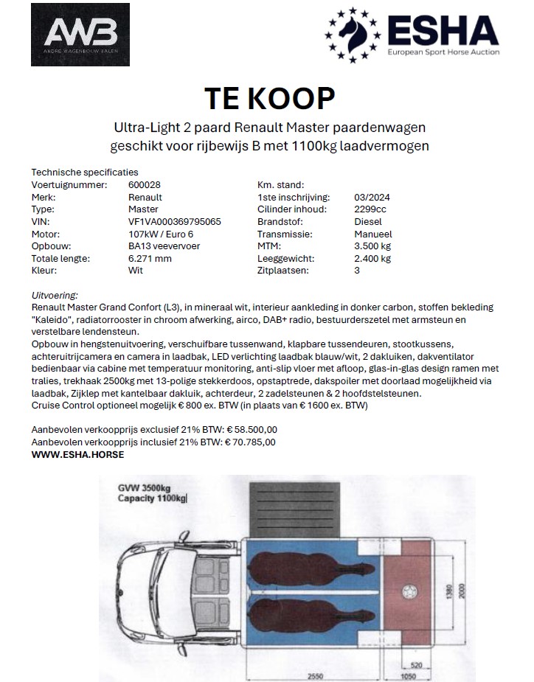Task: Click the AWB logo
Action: [80, 34]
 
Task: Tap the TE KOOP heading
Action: [269, 97]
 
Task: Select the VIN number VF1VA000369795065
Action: [174, 222]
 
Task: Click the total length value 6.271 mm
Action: [150, 259]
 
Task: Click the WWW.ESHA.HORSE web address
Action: [77, 454]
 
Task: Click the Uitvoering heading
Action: [55, 295]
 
